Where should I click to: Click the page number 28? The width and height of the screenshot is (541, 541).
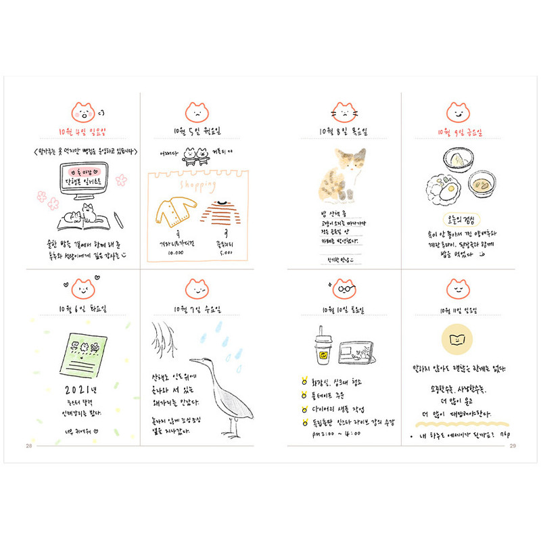coord(28,444)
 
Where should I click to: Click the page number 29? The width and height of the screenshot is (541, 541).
coord(513,444)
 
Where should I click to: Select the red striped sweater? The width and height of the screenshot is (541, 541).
coord(220,213)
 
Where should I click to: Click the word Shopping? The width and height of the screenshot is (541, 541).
coord(197,184)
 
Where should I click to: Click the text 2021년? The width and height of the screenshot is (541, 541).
coord(82,390)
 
